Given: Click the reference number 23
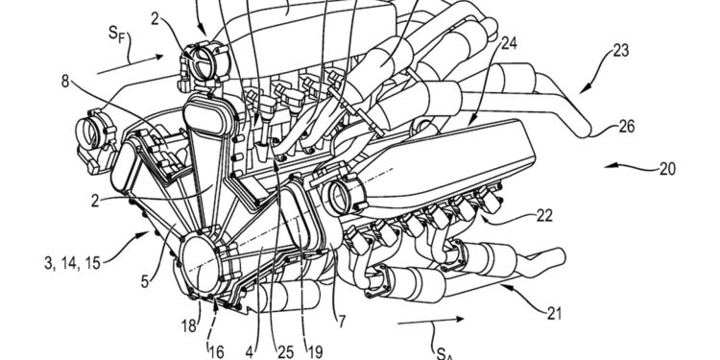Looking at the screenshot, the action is coord(621,51).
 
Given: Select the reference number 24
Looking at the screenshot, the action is coord(508,43).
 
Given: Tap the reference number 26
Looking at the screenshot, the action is coord(627,127).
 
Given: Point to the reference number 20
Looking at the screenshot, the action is coord(667,169).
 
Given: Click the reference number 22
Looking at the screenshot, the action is coord(545,216).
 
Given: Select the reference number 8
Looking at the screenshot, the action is coord(66,82).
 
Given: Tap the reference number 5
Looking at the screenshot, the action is coord(145,281).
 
